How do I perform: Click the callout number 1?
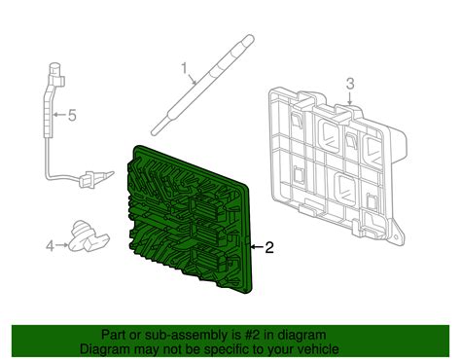tap(182, 68)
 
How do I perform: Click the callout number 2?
tap(270, 247)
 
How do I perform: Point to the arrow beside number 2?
tap(256, 247)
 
